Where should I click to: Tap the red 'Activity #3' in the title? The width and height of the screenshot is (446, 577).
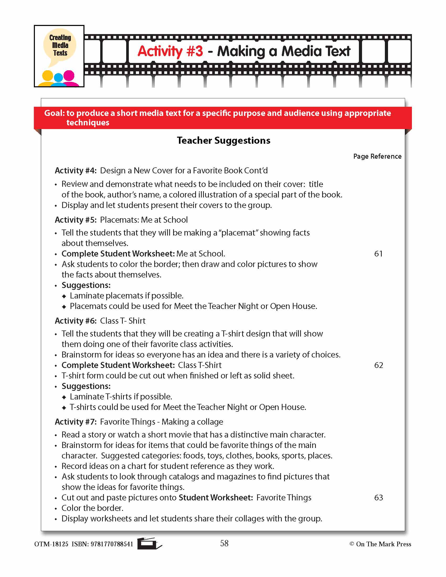170,51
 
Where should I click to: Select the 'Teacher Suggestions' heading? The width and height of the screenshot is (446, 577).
224,141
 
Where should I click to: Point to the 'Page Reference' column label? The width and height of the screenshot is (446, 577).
377,156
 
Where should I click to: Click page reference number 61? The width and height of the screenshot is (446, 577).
378,254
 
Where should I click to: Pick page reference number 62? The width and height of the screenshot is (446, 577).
378,365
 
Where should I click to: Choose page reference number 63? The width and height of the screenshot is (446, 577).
378,498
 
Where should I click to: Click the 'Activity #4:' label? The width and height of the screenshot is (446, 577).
76,171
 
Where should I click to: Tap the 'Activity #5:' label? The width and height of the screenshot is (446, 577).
76,220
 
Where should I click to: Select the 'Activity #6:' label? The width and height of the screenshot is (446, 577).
76,321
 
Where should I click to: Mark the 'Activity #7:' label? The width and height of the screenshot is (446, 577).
76,422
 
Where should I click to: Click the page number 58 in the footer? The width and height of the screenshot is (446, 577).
224,543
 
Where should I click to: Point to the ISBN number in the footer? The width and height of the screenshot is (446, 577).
112,544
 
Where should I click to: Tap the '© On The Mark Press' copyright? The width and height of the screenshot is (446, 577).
380,544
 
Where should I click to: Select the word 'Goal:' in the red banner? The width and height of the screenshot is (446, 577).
54,113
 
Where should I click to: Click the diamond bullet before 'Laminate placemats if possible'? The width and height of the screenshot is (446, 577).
64,296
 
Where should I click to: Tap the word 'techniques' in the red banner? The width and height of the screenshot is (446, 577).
88,122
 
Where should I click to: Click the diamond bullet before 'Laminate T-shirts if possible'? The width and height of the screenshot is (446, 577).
64,397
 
